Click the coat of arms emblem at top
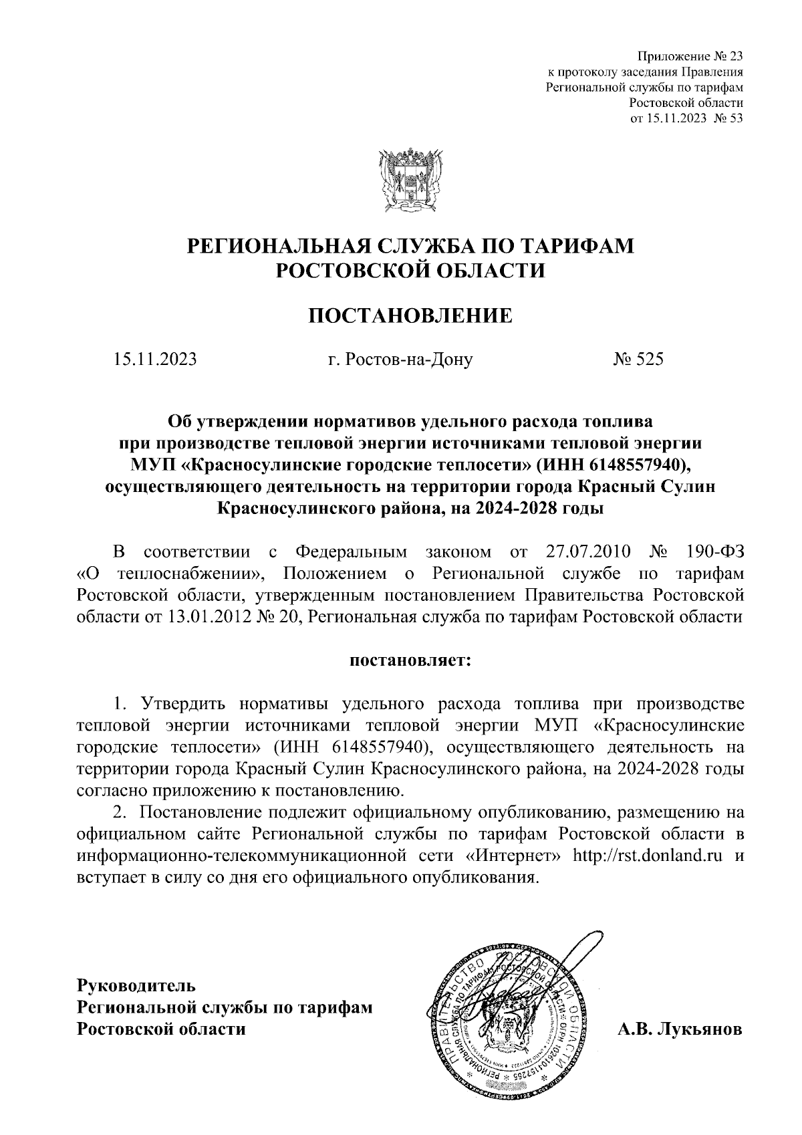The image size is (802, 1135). point(410,181)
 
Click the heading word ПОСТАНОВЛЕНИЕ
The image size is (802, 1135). point(410,315)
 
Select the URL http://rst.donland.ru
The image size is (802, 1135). point(649,856)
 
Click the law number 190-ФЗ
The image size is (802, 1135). point(715,552)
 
